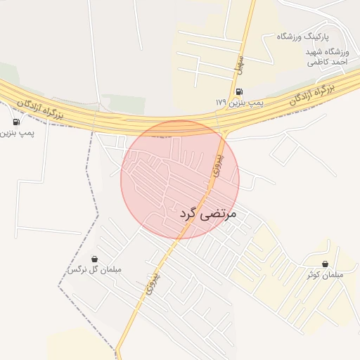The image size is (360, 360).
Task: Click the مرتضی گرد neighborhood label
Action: (209, 212)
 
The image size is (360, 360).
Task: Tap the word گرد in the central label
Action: (191, 213)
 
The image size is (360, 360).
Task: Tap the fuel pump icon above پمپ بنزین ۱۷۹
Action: (240, 91)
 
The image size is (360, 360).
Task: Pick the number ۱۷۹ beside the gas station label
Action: (221, 103)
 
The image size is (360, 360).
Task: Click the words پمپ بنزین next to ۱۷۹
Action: (247, 103)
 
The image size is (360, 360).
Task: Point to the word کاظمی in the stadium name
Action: (317, 63)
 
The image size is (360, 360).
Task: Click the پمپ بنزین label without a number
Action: (17, 130)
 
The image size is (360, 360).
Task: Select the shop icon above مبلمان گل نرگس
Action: (94, 259)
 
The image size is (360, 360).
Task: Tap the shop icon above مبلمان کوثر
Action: (324, 264)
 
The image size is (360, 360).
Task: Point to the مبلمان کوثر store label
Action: (324, 275)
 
